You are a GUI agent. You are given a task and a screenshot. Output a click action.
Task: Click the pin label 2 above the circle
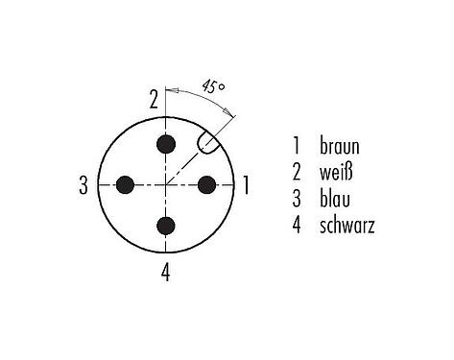tap(153, 98)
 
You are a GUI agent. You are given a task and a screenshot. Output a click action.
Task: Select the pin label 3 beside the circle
tap(84, 184)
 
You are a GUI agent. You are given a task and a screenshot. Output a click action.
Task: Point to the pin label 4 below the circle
tap(166, 272)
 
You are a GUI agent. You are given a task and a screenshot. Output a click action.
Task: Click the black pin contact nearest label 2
tap(167, 144)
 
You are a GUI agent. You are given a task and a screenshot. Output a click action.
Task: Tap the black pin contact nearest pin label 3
tap(126, 184)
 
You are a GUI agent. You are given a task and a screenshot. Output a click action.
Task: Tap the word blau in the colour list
tap(337, 200)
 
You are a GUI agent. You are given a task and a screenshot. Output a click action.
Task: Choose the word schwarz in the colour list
tap(348, 227)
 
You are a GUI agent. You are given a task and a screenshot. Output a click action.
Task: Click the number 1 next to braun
tap(298, 148)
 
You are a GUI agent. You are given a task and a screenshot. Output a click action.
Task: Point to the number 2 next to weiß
tap(298, 174)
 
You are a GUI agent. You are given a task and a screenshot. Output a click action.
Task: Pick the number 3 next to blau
tap(298, 200)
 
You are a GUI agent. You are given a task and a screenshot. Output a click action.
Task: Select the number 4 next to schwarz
tap(298, 227)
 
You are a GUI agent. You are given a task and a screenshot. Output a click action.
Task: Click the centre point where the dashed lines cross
tap(167, 184)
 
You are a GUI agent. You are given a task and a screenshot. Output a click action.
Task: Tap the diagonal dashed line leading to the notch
tap(185, 166)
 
